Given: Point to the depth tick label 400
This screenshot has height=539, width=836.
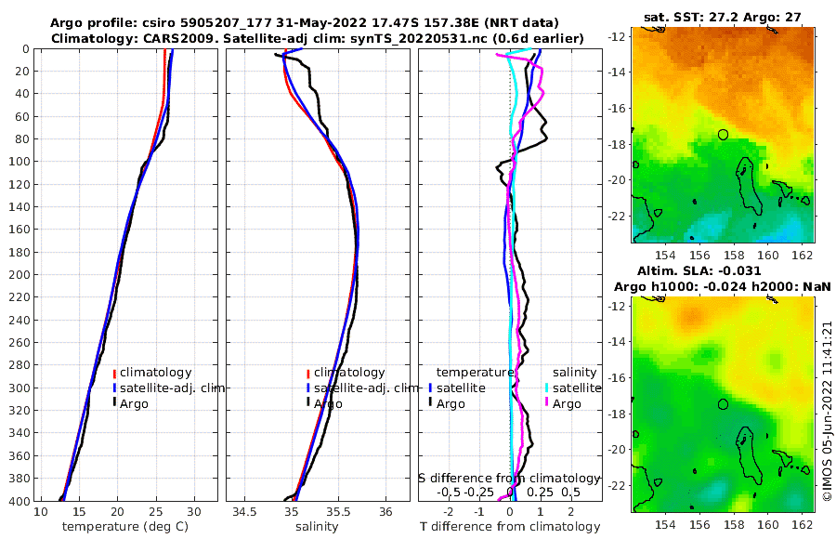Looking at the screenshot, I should coord(19,501).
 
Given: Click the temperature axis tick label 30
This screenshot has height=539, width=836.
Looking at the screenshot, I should coord(193,512).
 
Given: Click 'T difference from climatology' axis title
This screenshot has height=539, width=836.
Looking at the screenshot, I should coord(511,527).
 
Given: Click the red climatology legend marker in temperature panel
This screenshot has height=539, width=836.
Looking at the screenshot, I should coord(114,373).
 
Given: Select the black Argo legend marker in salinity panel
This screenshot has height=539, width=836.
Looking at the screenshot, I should coord(307,403).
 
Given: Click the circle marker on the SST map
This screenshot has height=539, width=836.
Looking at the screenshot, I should coord(724,135).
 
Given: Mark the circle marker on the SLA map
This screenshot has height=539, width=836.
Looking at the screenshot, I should coord(724,404).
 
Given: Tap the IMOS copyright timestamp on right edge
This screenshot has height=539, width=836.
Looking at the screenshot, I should coord(827,413).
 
